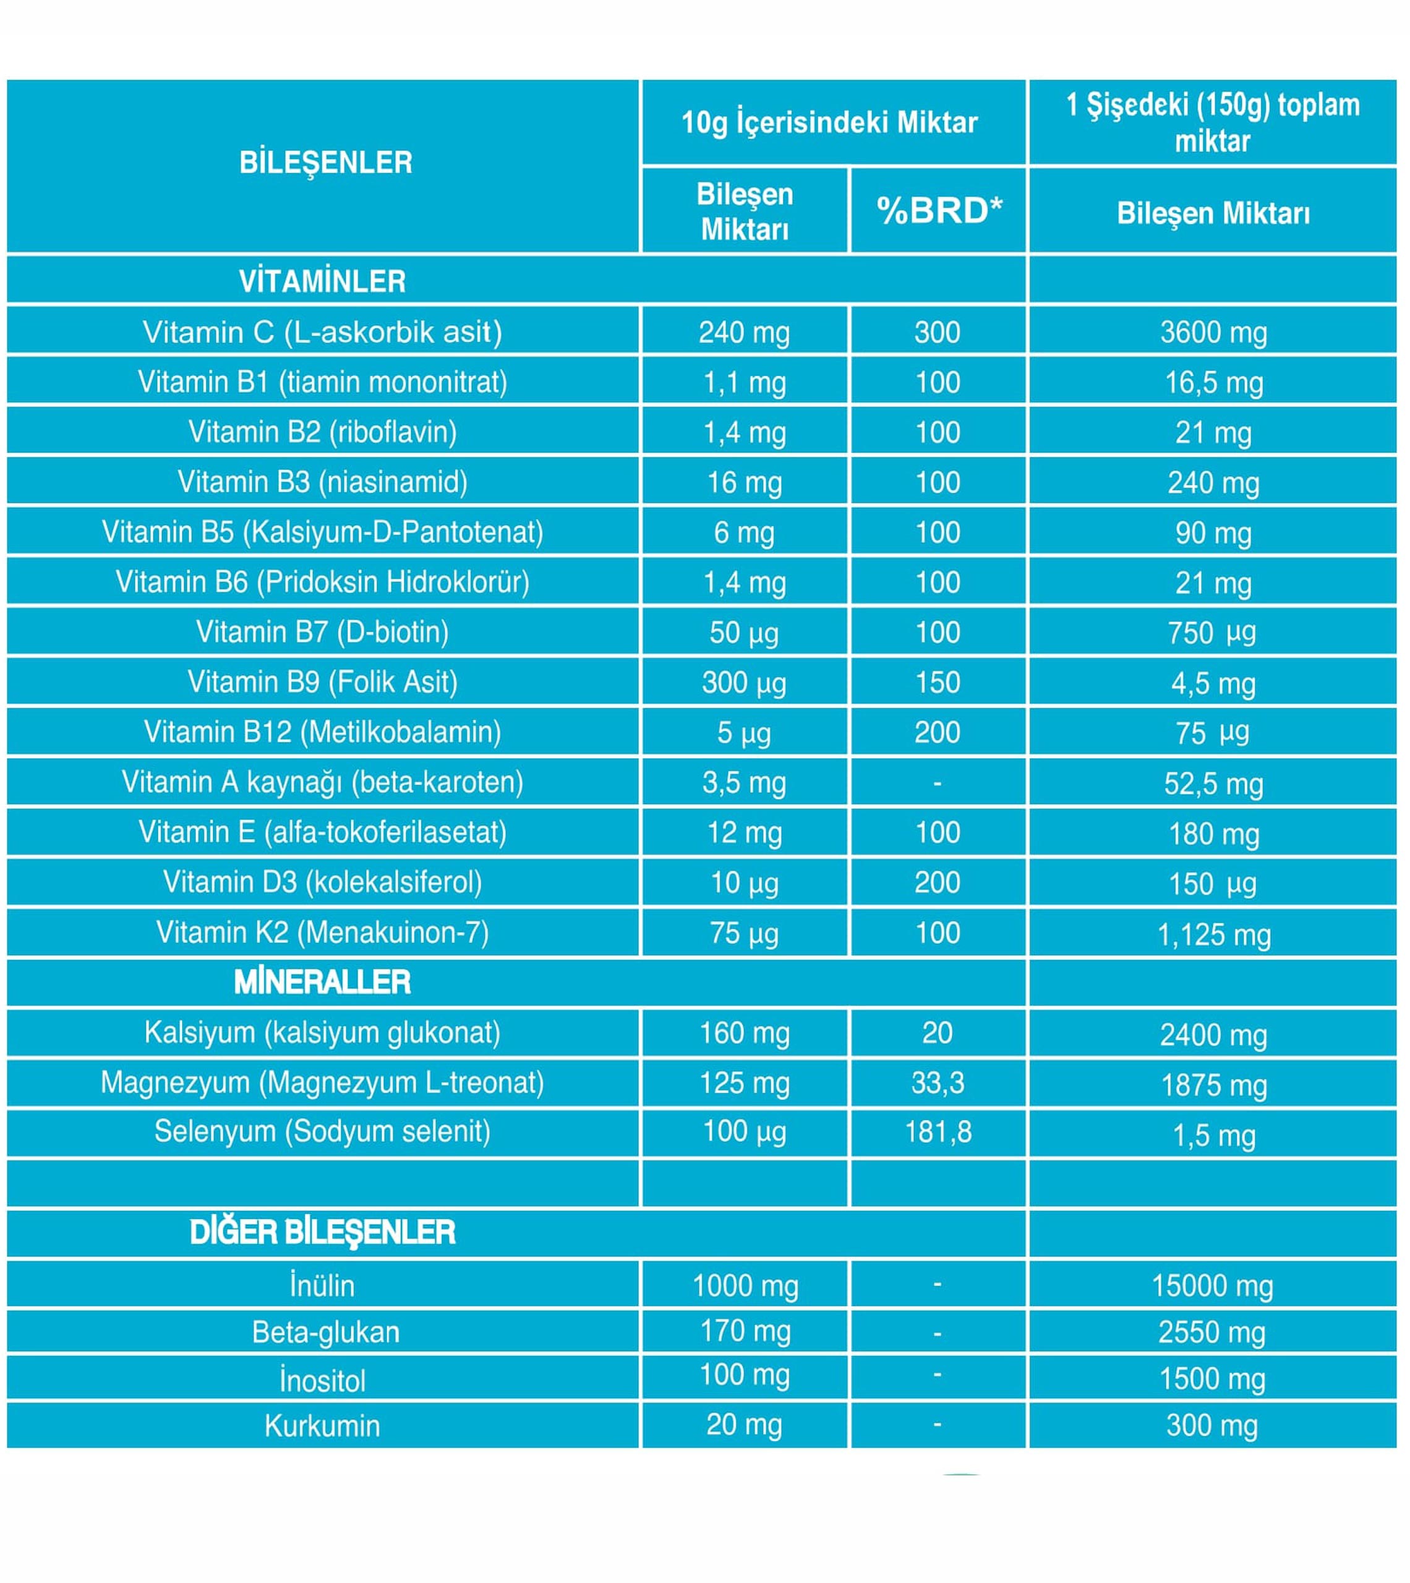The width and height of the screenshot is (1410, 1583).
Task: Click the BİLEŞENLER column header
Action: pyautogui.click(x=325, y=163)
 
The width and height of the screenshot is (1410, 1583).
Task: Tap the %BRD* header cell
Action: pyautogui.click(x=939, y=211)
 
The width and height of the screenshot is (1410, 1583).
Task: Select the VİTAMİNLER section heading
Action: pyautogui.click(x=322, y=281)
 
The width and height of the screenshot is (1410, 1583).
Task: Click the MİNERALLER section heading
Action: pyautogui.click(x=322, y=982)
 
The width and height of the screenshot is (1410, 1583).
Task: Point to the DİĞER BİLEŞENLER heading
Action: pyautogui.click(x=322, y=1232)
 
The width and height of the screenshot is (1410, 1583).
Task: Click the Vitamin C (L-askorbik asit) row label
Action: pyautogui.click(x=322, y=332)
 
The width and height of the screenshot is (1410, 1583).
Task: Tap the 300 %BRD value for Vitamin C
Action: pyautogui.click(x=938, y=332)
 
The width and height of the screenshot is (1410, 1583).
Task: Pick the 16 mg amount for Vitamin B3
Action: pyautogui.click(x=745, y=482)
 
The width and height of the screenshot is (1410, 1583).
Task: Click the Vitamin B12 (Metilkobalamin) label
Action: pyautogui.click(x=322, y=732)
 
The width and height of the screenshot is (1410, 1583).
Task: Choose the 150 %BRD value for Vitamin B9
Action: pyautogui.click(x=938, y=682)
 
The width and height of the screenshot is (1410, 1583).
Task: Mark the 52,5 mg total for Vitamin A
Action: pyautogui.click(x=1213, y=783)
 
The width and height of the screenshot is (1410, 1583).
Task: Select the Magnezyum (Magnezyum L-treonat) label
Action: pyautogui.click(x=322, y=1082)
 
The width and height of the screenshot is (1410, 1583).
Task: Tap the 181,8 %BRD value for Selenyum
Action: pyautogui.click(x=938, y=1132)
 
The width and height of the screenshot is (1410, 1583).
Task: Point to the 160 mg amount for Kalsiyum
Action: pyautogui.click(x=745, y=1033)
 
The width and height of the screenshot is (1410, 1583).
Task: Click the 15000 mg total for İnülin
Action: pyautogui.click(x=1213, y=1286)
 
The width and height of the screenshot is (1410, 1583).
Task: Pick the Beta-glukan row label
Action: pyautogui.click(x=325, y=1332)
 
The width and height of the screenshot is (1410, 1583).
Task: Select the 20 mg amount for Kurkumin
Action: pyautogui.click(x=745, y=1425)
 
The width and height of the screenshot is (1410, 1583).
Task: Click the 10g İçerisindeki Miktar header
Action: pyautogui.click(x=830, y=122)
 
